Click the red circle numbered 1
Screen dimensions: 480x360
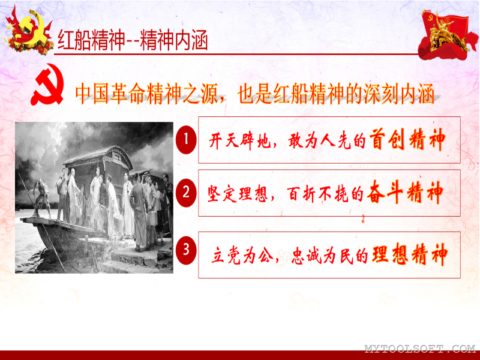[x=186, y=140]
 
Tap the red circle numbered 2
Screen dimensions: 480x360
[x=186, y=193]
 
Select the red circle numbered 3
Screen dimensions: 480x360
[x=186, y=250]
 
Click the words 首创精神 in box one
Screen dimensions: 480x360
[x=407, y=140]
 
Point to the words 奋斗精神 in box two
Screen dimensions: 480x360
[x=405, y=192]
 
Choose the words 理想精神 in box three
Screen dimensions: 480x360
[x=410, y=254]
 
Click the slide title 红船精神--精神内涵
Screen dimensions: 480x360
[x=133, y=40]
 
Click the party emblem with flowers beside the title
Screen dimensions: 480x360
[x=28, y=31]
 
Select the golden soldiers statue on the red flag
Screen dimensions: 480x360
[x=448, y=34]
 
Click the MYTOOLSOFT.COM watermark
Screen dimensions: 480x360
[x=419, y=349]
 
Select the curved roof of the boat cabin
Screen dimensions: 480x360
[x=98, y=155]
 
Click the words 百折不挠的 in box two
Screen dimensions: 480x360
[x=325, y=194]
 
